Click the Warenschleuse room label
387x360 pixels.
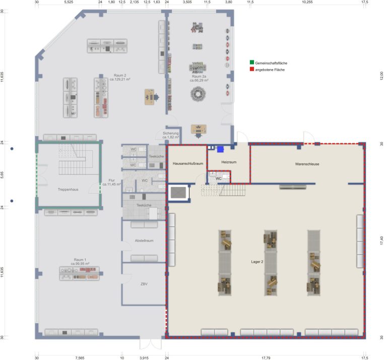point(307,164)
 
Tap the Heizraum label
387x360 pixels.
point(229,162)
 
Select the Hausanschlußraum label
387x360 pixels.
point(188,163)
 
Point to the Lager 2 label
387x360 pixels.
point(257,262)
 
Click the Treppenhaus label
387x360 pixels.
point(68,190)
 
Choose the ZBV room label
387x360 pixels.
point(144,284)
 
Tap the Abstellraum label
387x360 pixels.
point(144,241)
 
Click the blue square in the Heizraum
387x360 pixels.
point(220,149)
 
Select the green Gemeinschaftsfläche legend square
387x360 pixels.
point(252,62)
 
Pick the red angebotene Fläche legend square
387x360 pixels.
point(252,69)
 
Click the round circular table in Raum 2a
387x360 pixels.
point(198,94)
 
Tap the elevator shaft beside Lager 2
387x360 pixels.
point(178,193)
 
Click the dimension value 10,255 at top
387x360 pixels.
point(307,2)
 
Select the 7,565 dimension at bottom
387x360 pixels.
point(80,358)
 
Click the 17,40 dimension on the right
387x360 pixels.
point(381,241)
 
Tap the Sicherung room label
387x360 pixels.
point(170,133)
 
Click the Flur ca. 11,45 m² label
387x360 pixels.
point(111,182)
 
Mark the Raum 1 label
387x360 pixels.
point(80,260)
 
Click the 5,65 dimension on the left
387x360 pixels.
point(2,175)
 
